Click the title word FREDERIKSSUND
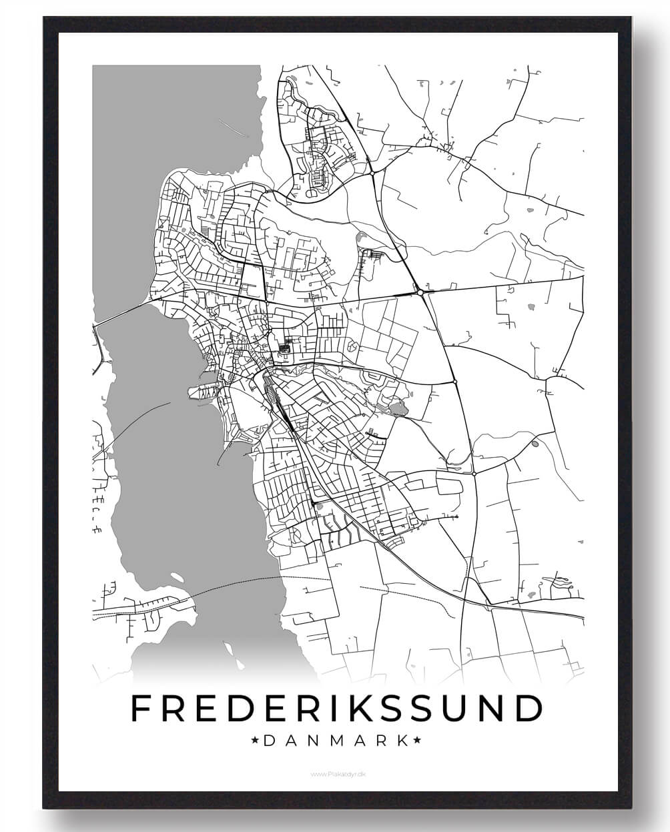coord(336,708)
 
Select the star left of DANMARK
coord(255,740)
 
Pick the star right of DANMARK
coord(418,740)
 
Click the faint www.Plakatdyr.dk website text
coord(335,774)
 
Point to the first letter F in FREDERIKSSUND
coord(141,708)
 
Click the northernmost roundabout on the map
coord(370,175)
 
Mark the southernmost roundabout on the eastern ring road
coord(473,473)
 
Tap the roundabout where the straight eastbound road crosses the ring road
coord(420,292)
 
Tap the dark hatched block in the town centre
coord(288,346)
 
